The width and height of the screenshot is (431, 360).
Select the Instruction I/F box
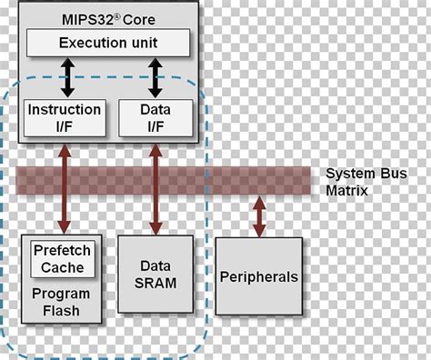[x=63, y=117]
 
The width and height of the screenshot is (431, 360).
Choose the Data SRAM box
[x=155, y=275]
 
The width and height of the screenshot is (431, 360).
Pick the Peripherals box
[x=259, y=276]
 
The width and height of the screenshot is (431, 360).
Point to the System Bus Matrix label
[x=357, y=182]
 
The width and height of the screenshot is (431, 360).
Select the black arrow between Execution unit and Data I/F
[x=155, y=76]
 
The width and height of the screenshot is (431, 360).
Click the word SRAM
[x=155, y=283]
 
